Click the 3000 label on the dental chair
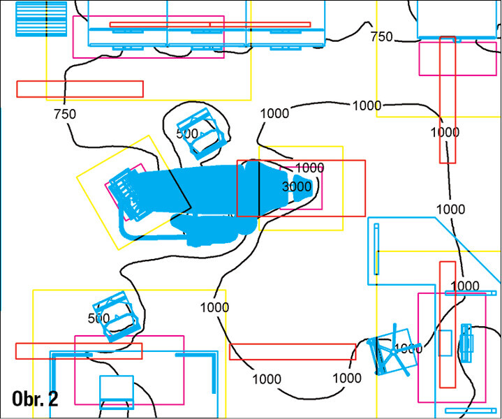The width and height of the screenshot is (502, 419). [297, 186]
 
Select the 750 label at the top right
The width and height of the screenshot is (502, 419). [381, 37]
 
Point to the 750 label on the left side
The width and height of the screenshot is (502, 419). [64, 114]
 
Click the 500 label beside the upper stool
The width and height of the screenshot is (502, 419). [186, 133]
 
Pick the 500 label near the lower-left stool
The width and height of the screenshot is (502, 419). [99, 318]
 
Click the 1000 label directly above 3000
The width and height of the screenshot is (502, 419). [310, 168]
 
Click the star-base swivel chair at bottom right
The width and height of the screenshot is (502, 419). [393, 353]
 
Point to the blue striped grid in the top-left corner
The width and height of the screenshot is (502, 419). [41, 19]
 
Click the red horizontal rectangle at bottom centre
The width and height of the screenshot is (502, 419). [293, 351]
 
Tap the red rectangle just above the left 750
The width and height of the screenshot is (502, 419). [80, 89]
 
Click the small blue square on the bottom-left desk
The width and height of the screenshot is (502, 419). [116, 388]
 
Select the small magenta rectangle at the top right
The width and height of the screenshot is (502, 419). [437, 58]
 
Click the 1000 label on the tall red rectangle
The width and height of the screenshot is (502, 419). [445, 132]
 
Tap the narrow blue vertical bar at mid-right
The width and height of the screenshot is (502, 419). [376, 250]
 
